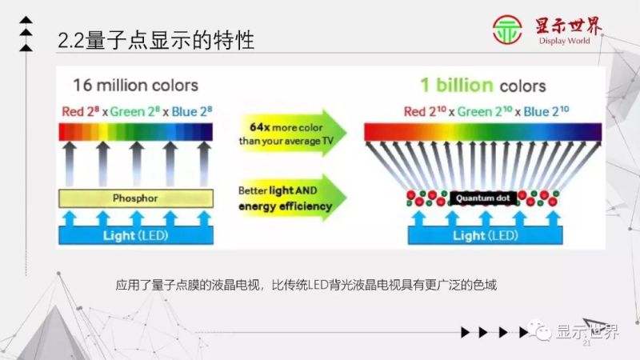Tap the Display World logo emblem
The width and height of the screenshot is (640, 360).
click(508, 31)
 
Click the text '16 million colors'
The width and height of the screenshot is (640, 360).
click(135, 86)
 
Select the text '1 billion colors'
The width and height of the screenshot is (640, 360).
click(483, 85)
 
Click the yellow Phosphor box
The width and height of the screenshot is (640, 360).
click(135, 198)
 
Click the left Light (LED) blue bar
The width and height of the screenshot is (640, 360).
click(135, 235)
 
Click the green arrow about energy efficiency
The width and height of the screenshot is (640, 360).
click(288, 198)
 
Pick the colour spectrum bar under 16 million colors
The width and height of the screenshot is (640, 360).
click(135, 131)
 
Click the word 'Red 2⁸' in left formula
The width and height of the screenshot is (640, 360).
click(79, 110)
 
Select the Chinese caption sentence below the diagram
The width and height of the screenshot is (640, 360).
click(306, 285)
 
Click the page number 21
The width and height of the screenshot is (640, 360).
click(586, 343)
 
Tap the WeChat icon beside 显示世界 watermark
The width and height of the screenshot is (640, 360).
click(543, 333)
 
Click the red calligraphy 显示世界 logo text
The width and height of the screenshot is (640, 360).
click(569, 26)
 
